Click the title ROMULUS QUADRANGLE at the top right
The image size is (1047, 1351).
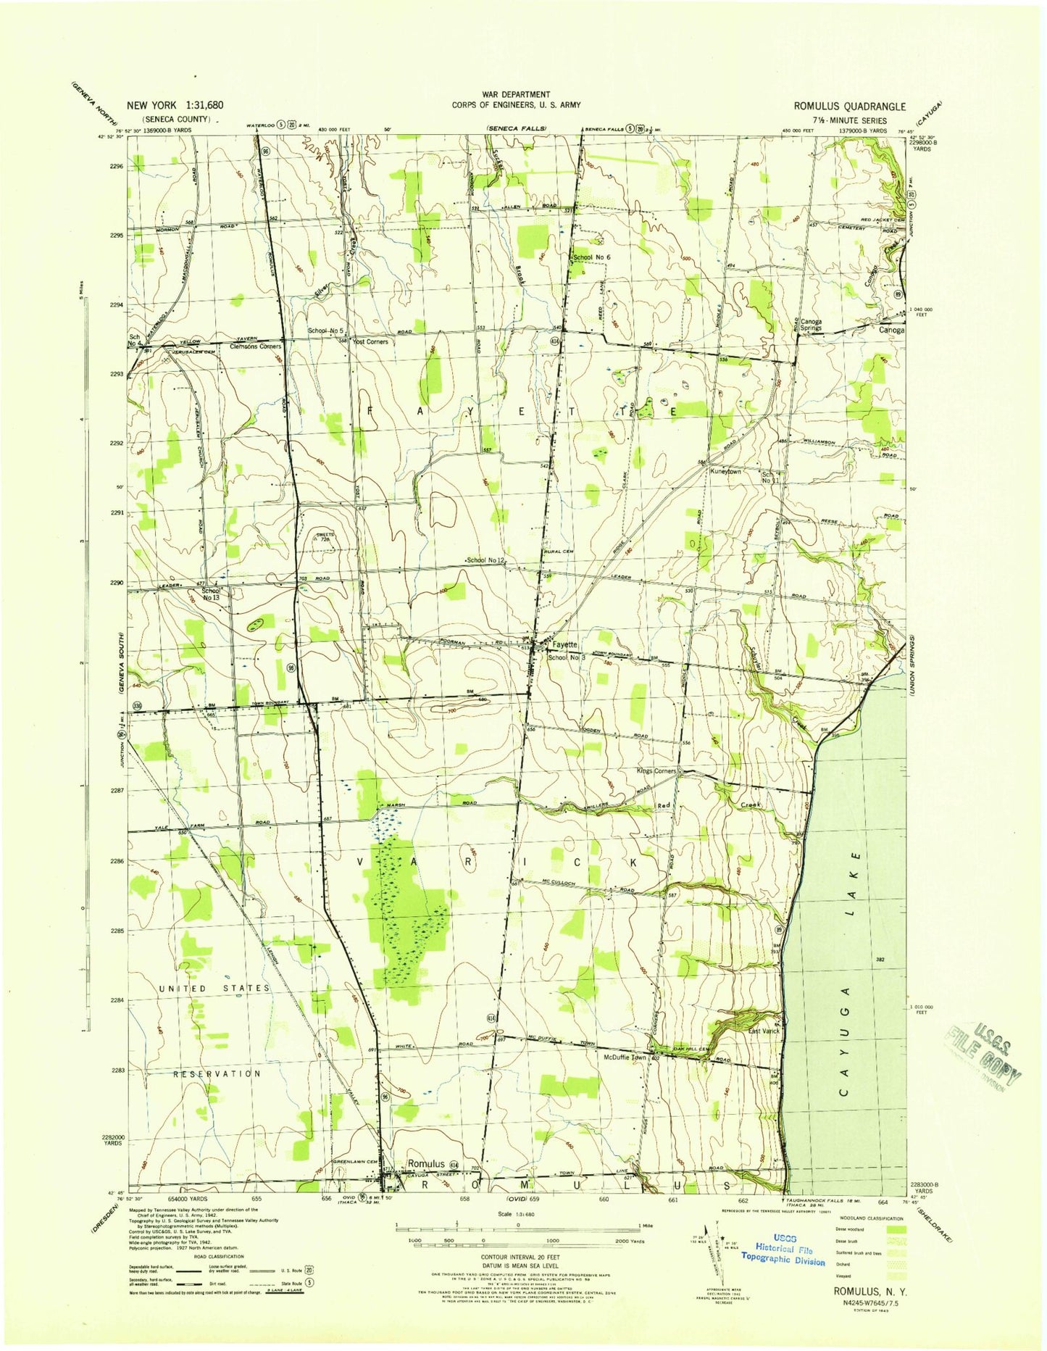849,106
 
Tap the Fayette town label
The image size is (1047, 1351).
564,644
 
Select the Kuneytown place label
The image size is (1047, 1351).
726,471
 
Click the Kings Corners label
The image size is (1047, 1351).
656,771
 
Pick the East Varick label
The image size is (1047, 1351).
763,1031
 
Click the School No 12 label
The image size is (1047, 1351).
485,560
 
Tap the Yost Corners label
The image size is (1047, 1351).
370,341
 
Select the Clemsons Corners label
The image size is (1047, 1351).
255,346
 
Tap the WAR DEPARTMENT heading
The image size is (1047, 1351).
515,95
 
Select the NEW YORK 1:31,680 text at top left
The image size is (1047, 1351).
170,106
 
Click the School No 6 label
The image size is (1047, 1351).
593,257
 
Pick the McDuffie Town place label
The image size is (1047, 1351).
624,1057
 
